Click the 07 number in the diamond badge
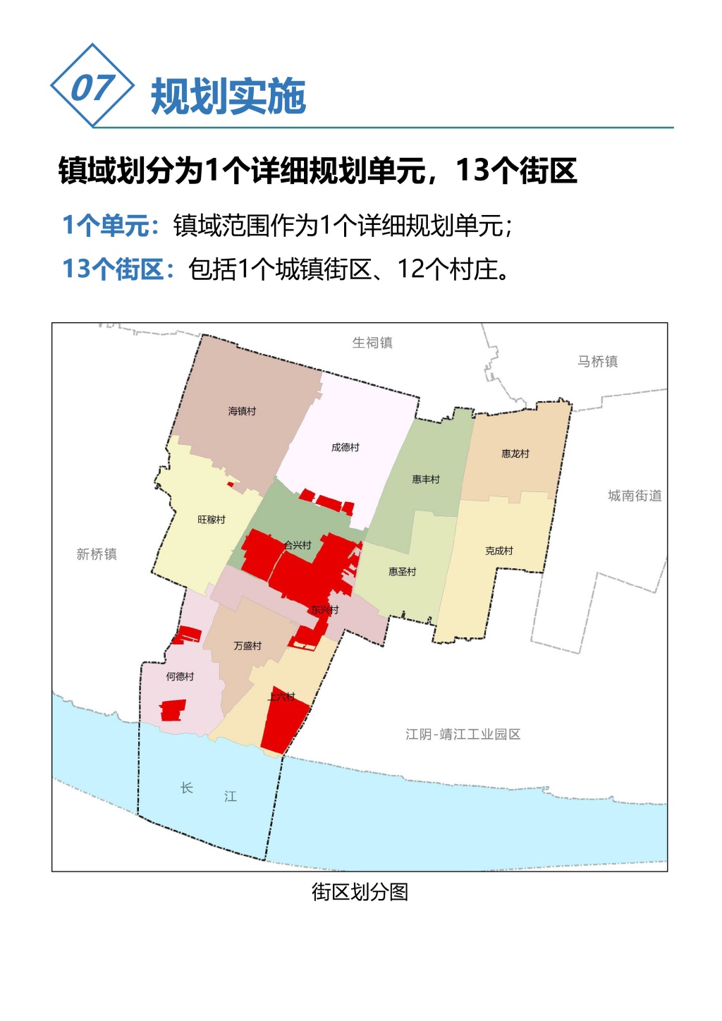(92, 87)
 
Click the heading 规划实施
(228, 97)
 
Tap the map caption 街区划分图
(360, 892)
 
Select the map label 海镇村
(242, 411)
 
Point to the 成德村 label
(345, 447)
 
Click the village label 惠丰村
(426, 479)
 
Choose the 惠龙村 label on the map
(515, 453)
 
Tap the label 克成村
(499, 551)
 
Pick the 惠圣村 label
(402, 572)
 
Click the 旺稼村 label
(212, 520)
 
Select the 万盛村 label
(247, 646)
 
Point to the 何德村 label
(180, 676)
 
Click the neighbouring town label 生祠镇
(372, 343)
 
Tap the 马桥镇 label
(597, 361)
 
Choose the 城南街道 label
(635, 496)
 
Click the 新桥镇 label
(97, 554)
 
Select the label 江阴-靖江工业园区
(463, 734)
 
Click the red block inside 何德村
(173, 709)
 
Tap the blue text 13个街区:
(118, 269)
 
